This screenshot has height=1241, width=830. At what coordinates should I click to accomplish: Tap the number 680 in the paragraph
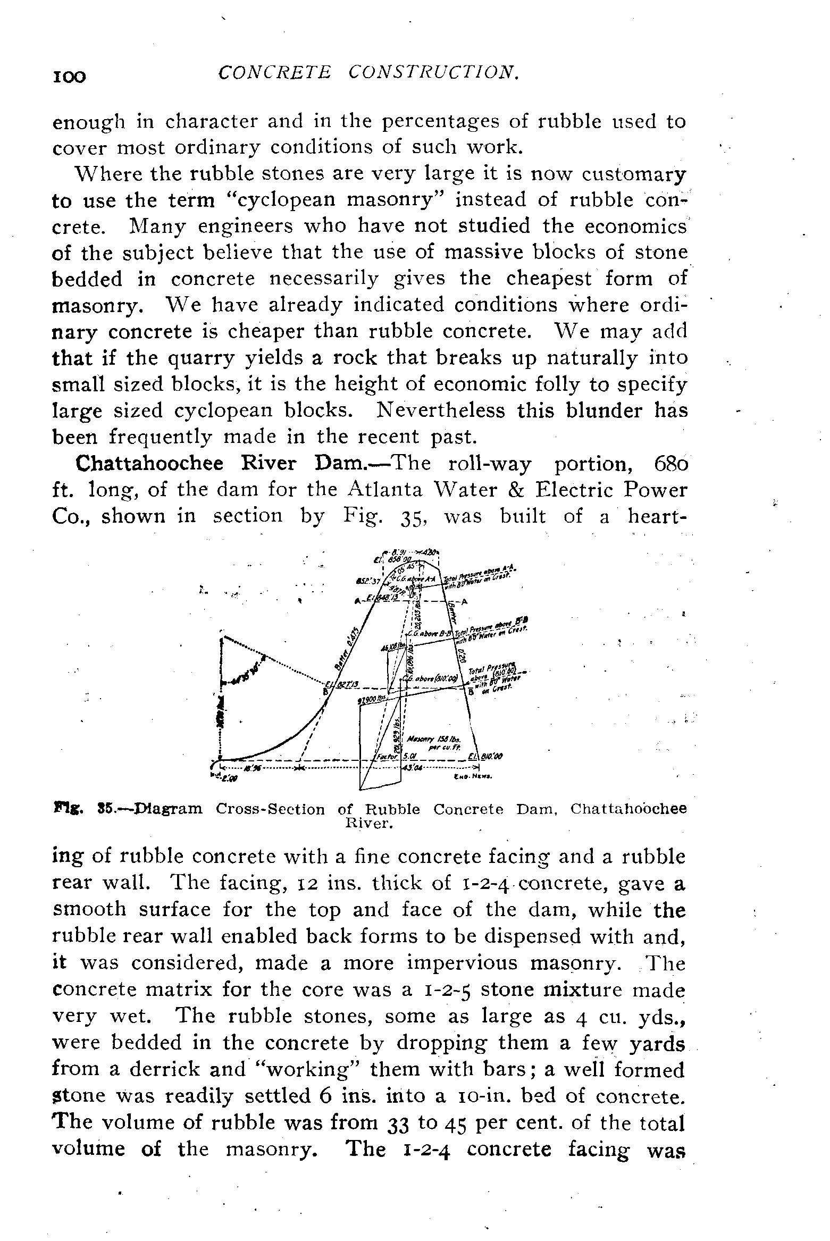tap(669, 464)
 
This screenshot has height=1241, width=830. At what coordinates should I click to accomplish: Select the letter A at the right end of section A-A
tap(465, 602)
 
